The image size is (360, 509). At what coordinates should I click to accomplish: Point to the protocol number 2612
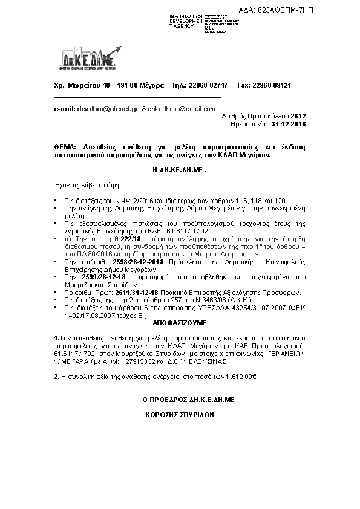[x=298, y=115]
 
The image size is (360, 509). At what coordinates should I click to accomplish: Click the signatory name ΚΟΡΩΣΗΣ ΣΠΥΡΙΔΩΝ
[x=180, y=415]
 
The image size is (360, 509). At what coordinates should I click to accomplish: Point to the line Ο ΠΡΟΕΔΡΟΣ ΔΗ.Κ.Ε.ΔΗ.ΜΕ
[x=179, y=400]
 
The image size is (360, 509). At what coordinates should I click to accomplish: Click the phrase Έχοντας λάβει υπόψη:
[x=87, y=183]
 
